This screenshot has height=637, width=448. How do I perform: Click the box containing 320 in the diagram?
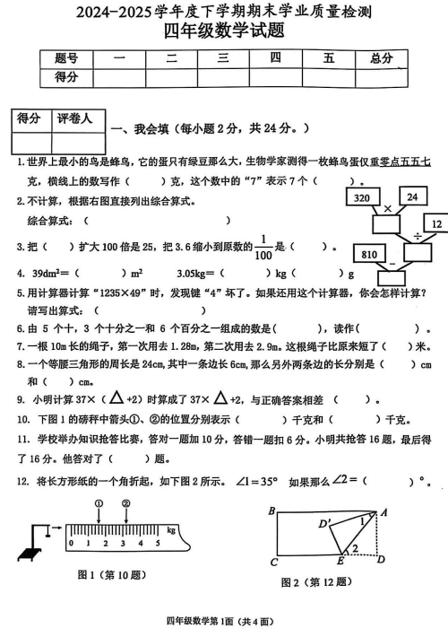coord(363,196)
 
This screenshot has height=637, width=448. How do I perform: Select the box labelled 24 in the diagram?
coord(411,196)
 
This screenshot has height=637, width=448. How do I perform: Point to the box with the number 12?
coord(435,223)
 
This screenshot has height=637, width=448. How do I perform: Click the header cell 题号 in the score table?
coord(66,58)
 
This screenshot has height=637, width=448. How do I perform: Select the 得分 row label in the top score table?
coord(66,77)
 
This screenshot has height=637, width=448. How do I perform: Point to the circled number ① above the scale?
coord(98,504)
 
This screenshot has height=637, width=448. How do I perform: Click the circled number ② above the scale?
coord(126,504)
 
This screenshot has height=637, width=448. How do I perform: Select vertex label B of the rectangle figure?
coord(271,510)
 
